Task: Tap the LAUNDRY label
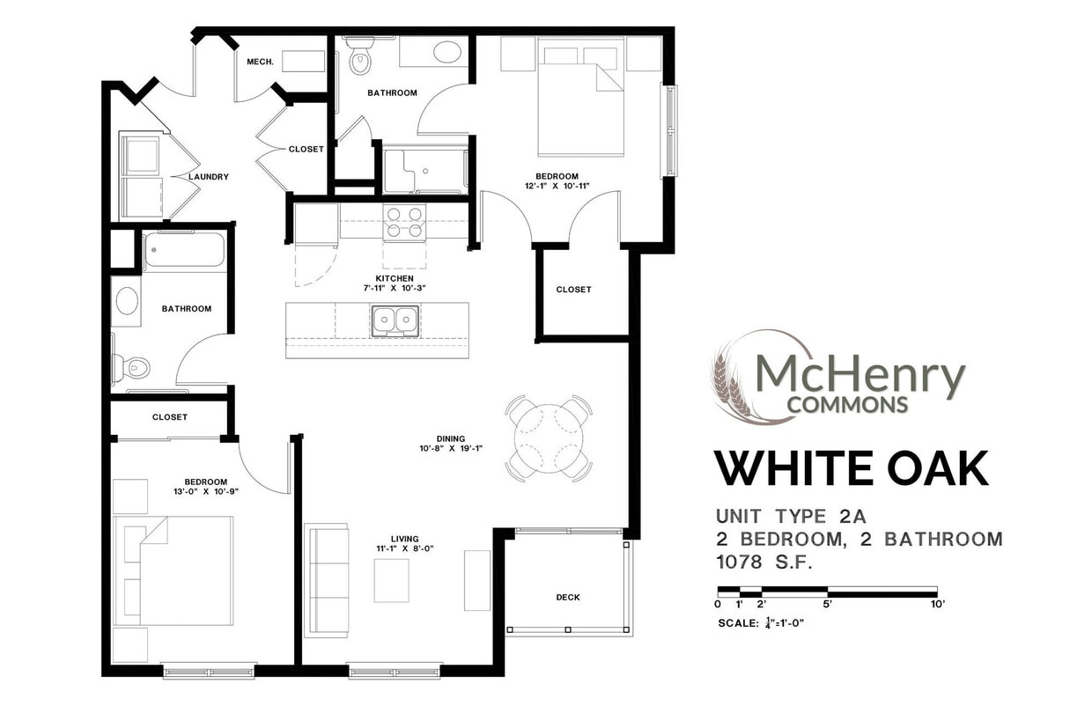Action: [209, 177]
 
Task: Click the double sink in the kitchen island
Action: [395, 320]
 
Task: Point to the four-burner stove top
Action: [405, 222]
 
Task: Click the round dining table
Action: [549, 438]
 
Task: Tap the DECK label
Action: [568, 598]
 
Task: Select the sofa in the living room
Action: [327, 580]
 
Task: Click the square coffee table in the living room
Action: [391, 581]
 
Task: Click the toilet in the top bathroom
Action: [360, 58]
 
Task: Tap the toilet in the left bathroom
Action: [131, 368]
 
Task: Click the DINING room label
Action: [451, 438]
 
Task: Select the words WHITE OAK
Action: [851, 468]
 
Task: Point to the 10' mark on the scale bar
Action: [937, 604]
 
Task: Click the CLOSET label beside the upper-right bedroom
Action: [574, 290]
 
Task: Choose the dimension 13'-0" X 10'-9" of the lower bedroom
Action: [206, 492]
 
